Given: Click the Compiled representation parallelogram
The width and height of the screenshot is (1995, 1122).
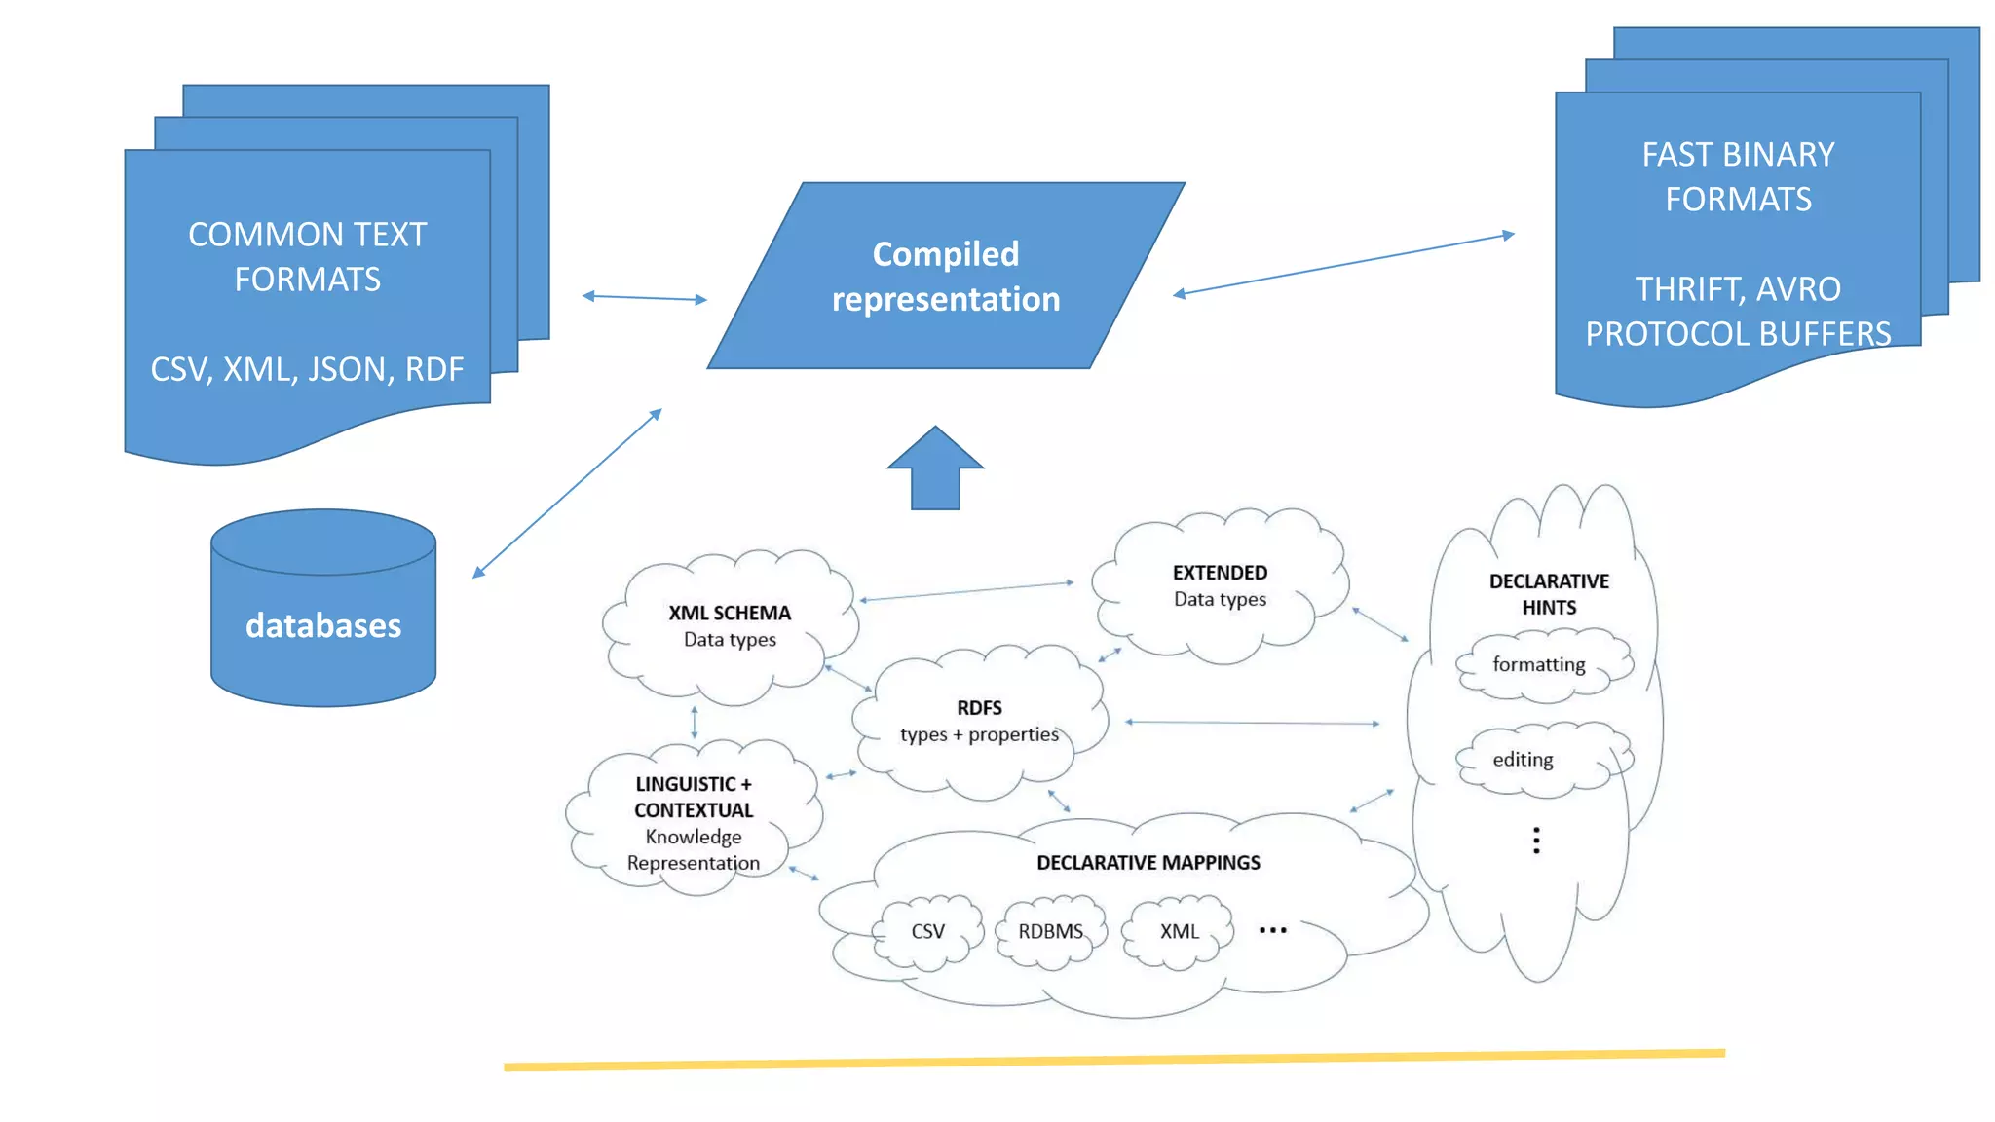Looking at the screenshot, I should click(x=945, y=276).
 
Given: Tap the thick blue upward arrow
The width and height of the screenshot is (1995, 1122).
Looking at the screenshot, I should click(x=935, y=469).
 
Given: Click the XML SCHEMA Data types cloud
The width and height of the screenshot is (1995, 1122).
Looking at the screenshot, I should click(x=730, y=625).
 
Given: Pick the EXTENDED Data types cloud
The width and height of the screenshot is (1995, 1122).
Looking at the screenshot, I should click(x=1220, y=585).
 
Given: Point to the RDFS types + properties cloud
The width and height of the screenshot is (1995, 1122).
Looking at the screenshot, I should click(x=979, y=721).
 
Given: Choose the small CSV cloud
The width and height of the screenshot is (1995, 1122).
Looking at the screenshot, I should click(x=927, y=932).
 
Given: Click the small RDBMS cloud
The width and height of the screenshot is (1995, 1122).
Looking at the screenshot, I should click(x=1050, y=932).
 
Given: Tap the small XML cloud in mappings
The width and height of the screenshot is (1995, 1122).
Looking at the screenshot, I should click(x=1179, y=932).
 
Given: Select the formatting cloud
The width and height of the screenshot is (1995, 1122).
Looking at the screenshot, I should click(x=1539, y=665).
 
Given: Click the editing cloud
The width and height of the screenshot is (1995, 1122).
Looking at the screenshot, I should click(x=1524, y=760).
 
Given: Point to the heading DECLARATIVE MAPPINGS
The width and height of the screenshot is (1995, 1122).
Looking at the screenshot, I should click(x=1148, y=863).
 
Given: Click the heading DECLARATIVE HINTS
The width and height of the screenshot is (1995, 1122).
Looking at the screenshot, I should click(x=1549, y=594).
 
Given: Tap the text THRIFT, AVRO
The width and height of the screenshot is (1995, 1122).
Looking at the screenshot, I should click(x=1738, y=289).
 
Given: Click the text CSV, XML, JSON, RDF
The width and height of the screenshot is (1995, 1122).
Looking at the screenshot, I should click(x=307, y=370).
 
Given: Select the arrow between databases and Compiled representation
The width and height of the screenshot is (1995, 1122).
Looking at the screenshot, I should click(x=568, y=494).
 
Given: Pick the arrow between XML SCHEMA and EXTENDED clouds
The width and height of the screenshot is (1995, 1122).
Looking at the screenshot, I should click(x=966, y=591).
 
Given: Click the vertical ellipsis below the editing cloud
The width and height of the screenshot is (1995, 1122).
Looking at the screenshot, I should click(x=1536, y=841).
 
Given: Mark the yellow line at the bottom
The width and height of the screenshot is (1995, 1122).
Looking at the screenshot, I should click(x=1113, y=1060).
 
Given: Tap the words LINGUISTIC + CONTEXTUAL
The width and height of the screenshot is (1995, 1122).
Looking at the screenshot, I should click(x=694, y=797).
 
